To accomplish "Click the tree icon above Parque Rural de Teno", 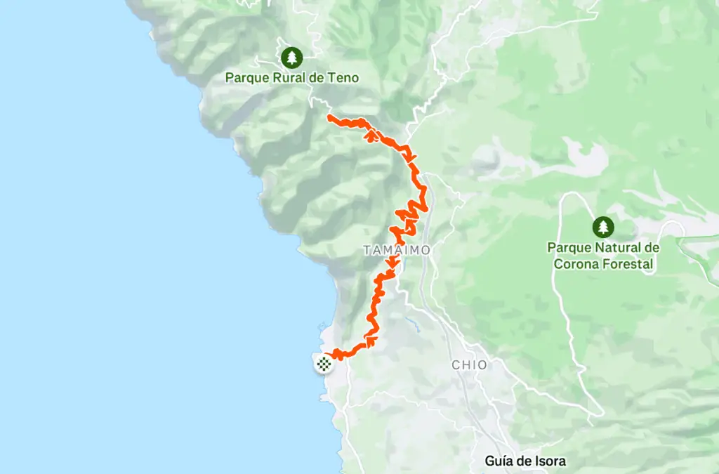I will (x=291, y=57).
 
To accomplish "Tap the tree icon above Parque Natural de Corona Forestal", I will (x=602, y=227).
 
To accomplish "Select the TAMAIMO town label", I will (x=397, y=250).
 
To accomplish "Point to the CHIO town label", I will (x=469, y=365).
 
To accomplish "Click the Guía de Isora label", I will (x=525, y=461).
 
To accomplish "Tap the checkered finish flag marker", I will (x=323, y=363).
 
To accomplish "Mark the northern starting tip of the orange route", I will (x=329, y=116).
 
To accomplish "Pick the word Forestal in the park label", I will (x=629, y=265).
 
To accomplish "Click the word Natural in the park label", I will (x=619, y=248).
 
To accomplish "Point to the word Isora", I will (x=550, y=461).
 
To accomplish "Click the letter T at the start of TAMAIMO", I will (x=367, y=250).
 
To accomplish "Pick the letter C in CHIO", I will (x=455, y=365).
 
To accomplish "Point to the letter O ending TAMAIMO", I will (x=426, y=250).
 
